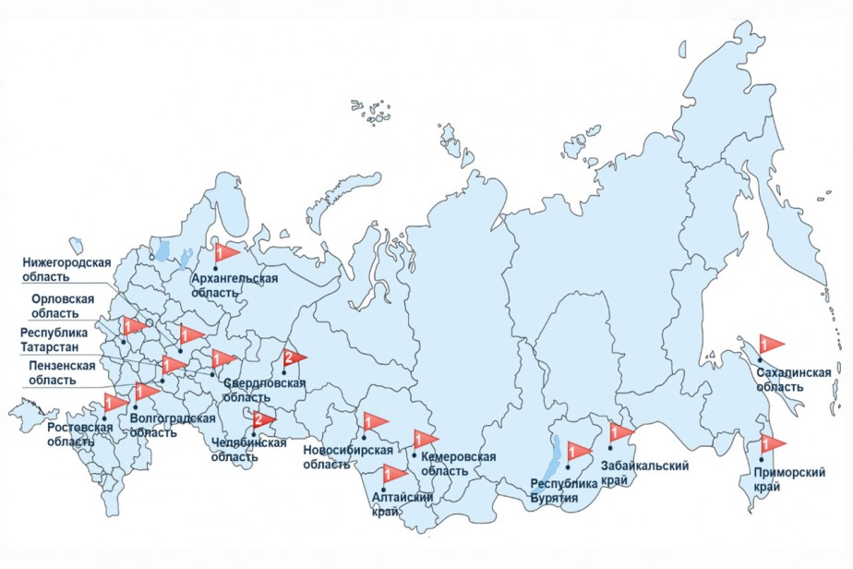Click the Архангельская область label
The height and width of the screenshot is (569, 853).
(234, 284)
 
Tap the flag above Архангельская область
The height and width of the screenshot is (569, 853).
(224, 250)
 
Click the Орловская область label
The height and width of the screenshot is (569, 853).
(63, 306)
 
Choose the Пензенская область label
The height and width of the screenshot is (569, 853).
(62, 373)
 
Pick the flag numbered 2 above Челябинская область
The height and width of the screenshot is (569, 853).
(262, 420)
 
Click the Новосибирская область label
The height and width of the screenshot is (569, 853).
(348, 456)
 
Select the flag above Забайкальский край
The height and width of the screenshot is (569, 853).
(620, 431)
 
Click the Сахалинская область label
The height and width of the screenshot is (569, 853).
(793, 379)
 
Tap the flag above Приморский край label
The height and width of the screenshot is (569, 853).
(770, 443)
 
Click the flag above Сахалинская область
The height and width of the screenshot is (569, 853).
(769, 343)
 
